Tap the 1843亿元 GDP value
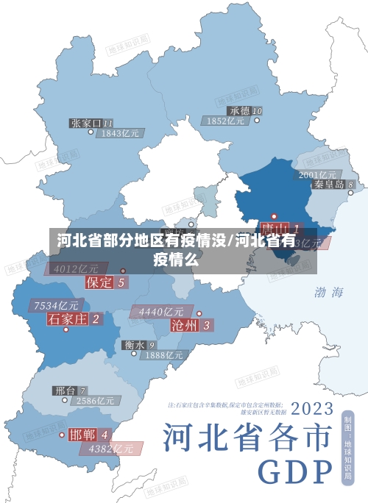point(121,134)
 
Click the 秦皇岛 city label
point(330,185)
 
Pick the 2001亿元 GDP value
point(318,174)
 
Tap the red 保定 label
point(100,282)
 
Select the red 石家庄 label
point(68,318)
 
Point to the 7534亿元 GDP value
point(57,305)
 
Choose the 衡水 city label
point(135,344)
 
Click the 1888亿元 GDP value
point(163,355)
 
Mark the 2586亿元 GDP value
point(95,402)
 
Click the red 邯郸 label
point(82,434)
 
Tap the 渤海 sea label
point(329,293)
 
